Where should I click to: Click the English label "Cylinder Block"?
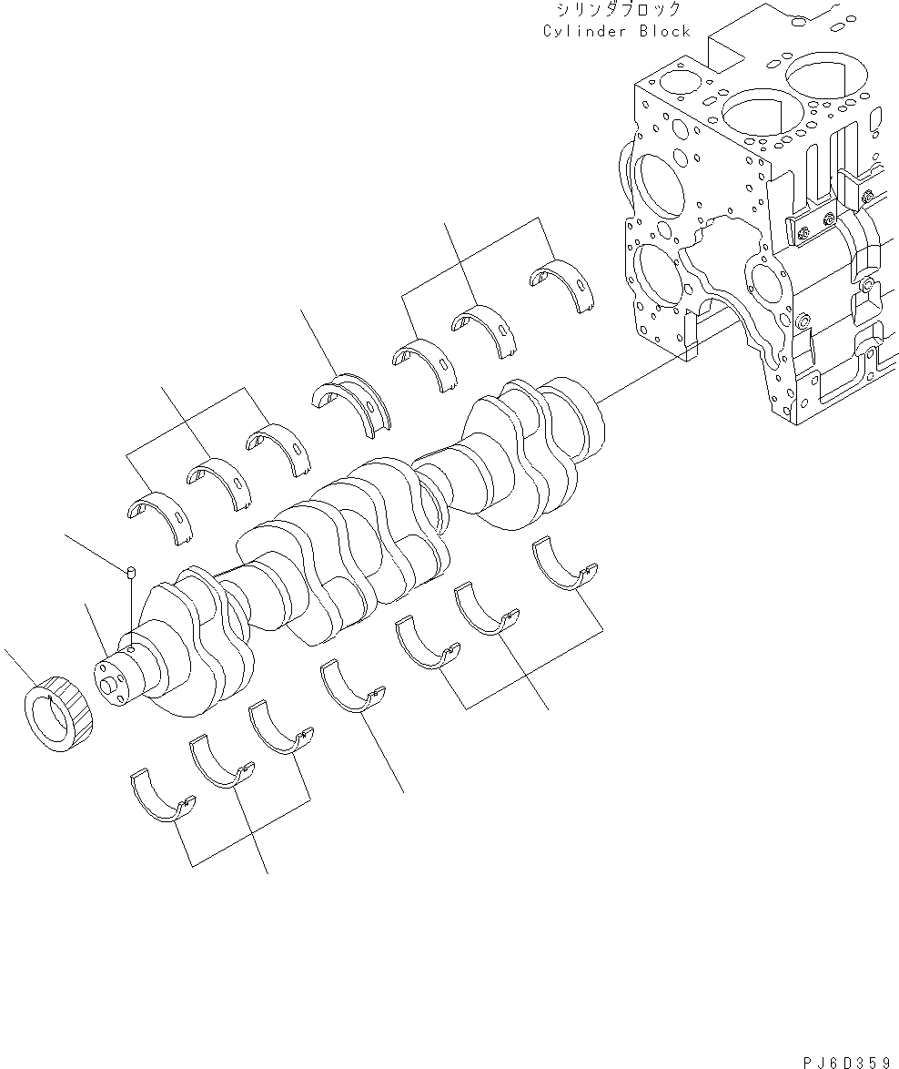coord(616,32)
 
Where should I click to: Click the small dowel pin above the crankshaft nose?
coord(130,571)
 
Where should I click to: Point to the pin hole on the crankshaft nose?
coord(133,649)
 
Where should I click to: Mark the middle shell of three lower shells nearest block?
coord(486,609)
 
